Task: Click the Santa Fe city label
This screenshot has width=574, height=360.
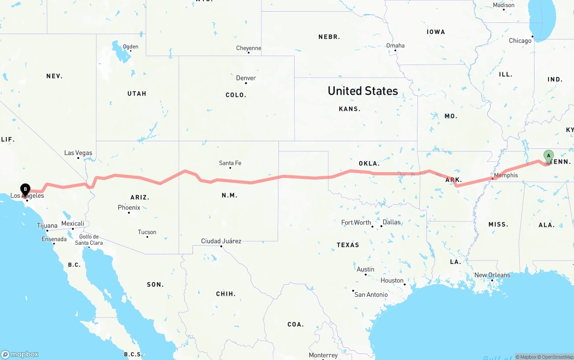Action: (230, 163)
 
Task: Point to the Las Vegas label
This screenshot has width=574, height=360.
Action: (78, 153)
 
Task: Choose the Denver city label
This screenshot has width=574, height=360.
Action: (246, 78)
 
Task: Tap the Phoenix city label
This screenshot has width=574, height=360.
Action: (129, 208)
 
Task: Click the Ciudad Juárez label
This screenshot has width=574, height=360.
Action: (221, 241)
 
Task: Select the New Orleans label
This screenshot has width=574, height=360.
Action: (492, 275)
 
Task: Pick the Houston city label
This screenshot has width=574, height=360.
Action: (392, 281)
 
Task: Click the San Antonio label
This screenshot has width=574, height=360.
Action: (371, 295)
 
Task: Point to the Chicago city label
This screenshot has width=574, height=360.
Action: (520, 41)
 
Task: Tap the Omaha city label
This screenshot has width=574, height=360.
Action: (395, 45)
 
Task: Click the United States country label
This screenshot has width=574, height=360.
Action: (363, 91)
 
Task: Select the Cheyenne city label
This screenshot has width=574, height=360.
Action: (248, 48)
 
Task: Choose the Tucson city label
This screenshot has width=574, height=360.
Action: (147, 232)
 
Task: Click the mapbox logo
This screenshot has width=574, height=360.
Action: (20, 354)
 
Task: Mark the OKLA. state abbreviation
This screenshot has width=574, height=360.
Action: (369, 164)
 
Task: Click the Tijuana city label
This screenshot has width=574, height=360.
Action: (47, 226)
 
